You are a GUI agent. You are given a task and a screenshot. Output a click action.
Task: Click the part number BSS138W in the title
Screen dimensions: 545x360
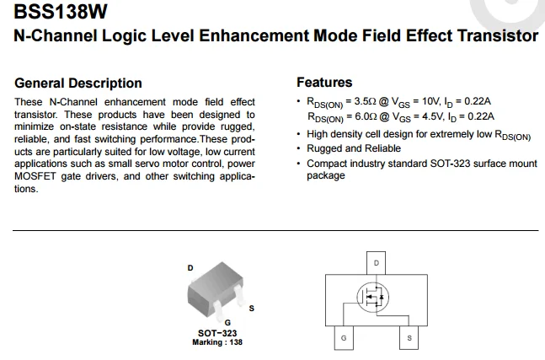point(60,13)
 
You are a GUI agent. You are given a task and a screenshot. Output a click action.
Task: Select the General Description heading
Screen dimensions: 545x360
point(78,83)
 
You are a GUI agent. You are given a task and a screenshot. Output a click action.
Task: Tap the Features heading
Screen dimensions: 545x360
point(324,83)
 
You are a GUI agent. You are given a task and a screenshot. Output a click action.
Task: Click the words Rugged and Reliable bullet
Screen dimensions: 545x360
point(354,148)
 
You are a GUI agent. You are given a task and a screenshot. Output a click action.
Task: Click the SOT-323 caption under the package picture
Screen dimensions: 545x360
point(217,333)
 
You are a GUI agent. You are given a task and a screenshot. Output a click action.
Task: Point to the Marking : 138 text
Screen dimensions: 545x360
point(217,341)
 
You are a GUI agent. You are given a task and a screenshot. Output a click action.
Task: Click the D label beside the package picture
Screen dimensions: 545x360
point(190,268)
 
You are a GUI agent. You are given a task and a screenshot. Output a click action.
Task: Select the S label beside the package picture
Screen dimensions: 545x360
point(251,309)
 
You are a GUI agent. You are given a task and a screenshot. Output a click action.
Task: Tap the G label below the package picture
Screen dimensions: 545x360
point(227,323)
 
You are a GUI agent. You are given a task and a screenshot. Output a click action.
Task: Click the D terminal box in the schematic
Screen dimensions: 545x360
point(376,264)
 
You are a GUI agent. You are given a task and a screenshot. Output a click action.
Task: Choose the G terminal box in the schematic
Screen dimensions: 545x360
point(343,337)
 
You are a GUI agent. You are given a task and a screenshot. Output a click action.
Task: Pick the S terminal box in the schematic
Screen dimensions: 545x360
point(409,337)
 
